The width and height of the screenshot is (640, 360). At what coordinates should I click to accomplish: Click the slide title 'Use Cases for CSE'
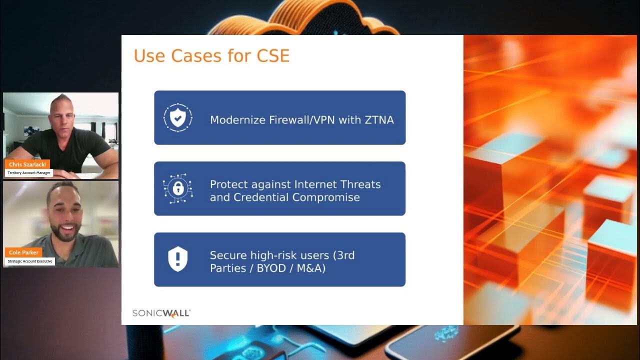211,55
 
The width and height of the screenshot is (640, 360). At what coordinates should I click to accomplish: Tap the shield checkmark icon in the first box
177,117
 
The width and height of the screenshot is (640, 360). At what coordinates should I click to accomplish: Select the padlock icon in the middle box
177,188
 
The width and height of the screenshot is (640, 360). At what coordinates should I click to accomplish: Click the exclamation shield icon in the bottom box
177,259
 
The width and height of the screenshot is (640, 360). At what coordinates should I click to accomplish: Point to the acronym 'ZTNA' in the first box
379,120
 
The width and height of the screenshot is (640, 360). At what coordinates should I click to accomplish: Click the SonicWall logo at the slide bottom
161,313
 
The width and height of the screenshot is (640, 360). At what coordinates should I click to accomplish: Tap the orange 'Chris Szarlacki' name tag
27,164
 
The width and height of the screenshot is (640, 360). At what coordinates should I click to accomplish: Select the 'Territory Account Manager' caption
29,173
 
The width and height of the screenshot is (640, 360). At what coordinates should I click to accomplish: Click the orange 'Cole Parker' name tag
23,252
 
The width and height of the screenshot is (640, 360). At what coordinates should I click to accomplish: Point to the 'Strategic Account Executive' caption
30,261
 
